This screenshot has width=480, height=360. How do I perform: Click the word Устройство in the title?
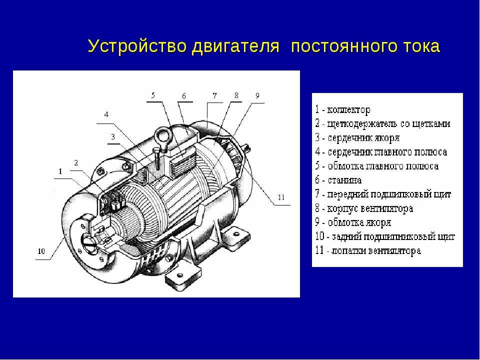pos(137,46)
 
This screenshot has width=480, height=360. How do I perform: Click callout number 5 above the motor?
pos(153,95)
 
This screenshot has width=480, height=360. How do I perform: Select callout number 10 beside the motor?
pos(41,251)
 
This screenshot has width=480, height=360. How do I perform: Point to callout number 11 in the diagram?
pos(281,197)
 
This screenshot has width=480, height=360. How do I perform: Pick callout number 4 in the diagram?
pos(106,115)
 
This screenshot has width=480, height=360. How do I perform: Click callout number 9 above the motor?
pos(257,95)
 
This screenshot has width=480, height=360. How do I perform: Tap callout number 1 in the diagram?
pos(60,171)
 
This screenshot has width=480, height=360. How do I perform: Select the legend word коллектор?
pos(348,109)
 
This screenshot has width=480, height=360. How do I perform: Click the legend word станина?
pos(344,180)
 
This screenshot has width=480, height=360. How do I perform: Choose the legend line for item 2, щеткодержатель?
pos(382,123)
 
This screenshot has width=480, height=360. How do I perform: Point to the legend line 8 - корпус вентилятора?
pos(364,209)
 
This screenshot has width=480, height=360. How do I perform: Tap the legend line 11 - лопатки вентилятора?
pos(368,250)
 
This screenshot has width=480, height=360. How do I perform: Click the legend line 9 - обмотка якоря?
pos(353,222)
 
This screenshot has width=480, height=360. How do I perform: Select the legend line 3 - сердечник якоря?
pos(357,138)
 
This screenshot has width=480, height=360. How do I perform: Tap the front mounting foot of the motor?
pos(183,277)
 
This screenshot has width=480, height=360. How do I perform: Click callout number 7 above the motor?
pos(214,95)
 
